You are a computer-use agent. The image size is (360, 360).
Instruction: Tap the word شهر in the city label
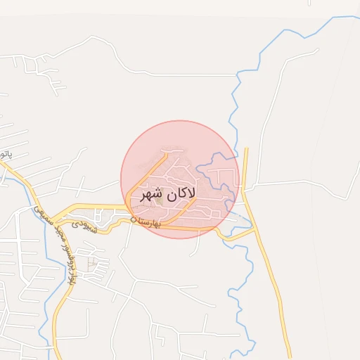153,193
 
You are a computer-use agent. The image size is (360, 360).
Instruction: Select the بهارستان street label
149,224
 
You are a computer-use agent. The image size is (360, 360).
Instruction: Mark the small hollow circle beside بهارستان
134,220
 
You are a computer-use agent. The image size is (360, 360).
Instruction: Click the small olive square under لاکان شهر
160,202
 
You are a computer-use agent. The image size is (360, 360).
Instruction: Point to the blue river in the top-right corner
295,32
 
